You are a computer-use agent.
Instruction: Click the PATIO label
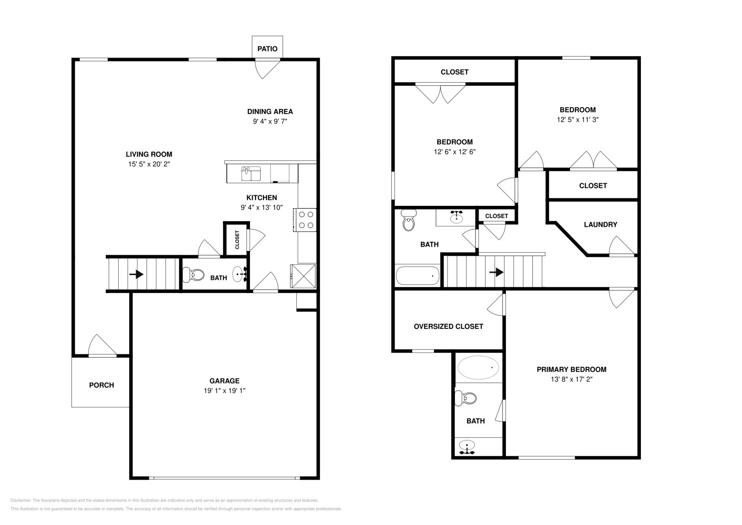tap(267, 49)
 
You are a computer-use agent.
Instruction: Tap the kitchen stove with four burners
tap(305, 220)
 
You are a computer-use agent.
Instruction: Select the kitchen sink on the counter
tap(251, 174)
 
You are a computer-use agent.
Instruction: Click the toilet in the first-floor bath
tap(194, 275)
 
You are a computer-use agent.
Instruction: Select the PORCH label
tap(101, 385)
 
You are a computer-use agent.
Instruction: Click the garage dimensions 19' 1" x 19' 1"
tap(224, 391)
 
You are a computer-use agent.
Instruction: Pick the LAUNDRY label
tap(600, 224)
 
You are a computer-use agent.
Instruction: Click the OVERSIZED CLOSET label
tap(448, 327)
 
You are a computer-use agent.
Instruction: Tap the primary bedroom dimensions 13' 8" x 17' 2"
tap(571, 379)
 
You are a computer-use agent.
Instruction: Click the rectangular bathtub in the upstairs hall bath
tap(417, 275)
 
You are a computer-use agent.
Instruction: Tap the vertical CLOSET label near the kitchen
tap(237, 240)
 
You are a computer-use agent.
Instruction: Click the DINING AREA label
tap(270, 111)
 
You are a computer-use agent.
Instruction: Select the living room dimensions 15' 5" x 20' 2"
tap(149, 164)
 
